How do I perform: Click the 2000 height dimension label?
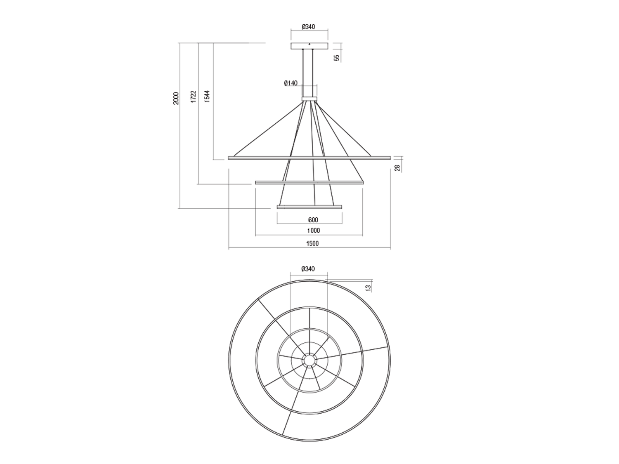(x=176, y=98)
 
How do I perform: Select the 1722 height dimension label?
(x=194, y=97)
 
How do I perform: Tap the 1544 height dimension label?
(x=207, y=96)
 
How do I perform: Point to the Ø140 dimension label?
(x=291, y=83)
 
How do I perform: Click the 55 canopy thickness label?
(x=337, y=58)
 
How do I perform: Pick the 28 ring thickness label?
(x=397, y=168)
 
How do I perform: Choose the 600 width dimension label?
(x=313, y=220)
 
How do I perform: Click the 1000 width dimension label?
(x=313, y=231)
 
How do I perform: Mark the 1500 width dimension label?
(x=312, y=244)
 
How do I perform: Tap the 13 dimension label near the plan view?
(x=369, y=288)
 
